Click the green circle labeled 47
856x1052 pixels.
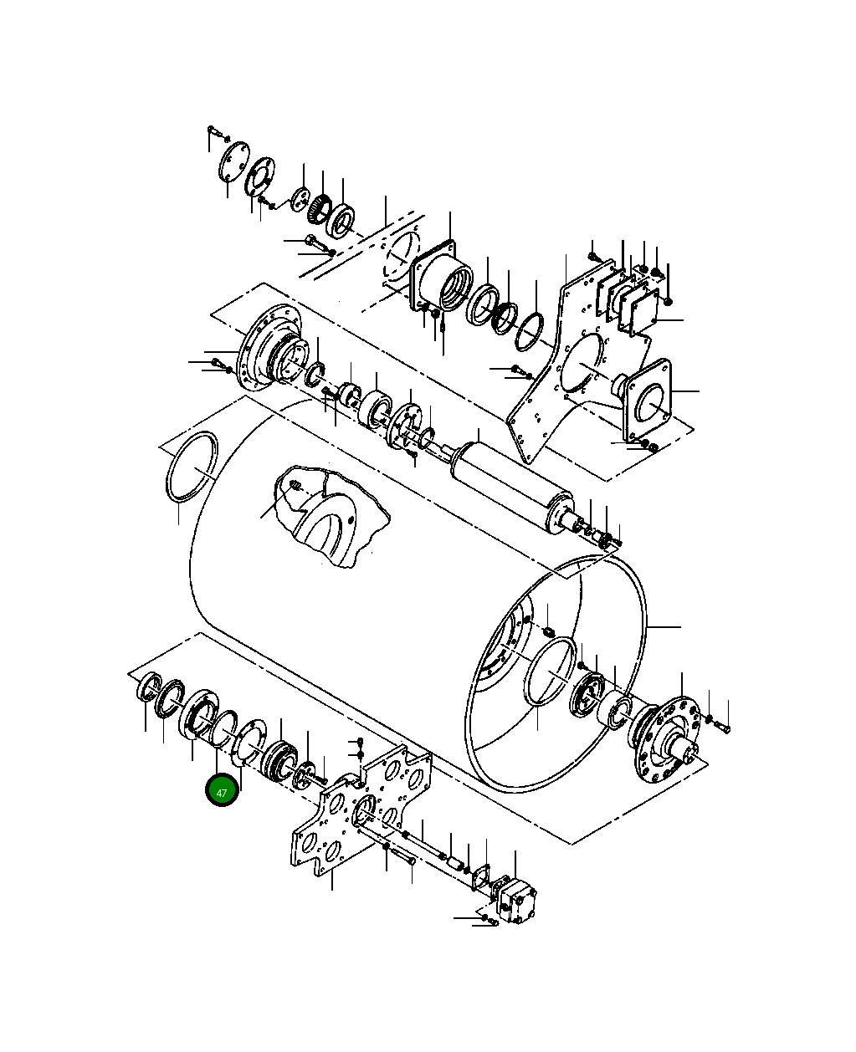(x=222, y=791)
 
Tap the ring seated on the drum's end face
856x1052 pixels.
(x=551, y=672)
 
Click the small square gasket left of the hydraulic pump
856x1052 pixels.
(x=481, y=878)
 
